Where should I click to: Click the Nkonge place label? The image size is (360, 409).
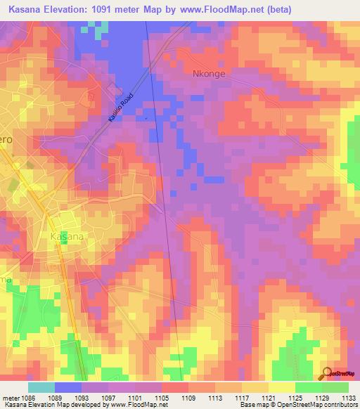(x=207, y=72)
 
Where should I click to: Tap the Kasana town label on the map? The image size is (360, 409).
(x=67, y=237)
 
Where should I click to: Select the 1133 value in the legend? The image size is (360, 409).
(x=348, y=397)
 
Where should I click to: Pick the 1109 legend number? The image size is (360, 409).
(x=188, y=397)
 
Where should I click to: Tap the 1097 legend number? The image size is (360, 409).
(x=108, y=397)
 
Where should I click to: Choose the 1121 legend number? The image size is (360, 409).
(x=268, y=397)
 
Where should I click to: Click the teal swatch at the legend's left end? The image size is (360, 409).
(x=41, y=387)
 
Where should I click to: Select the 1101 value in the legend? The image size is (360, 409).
(x=134, y=397)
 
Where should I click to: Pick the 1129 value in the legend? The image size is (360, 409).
(x=321, y=397)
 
